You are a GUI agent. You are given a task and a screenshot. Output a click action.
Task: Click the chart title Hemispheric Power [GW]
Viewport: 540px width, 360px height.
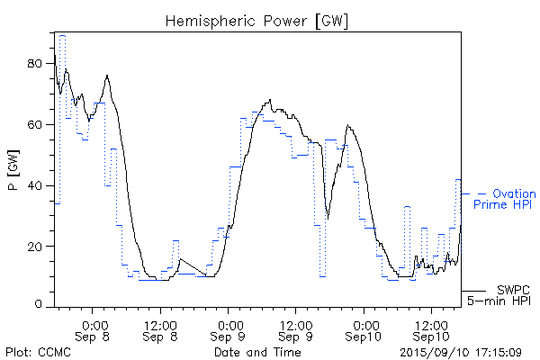coord(257,20)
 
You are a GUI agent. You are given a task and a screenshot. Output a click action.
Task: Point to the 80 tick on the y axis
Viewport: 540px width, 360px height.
coord(37,64)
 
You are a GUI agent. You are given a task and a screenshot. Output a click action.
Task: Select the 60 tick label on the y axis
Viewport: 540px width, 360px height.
coord(37,124)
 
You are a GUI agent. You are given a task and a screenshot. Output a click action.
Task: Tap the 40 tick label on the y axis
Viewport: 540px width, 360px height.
coord(37,185)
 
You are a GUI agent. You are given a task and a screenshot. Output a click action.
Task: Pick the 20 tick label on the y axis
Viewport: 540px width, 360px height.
coord(37,246)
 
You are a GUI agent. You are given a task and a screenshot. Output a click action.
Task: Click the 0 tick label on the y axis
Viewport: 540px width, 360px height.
coord(40,306)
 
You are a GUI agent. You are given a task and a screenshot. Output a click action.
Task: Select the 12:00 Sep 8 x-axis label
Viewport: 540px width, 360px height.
coord(160,329)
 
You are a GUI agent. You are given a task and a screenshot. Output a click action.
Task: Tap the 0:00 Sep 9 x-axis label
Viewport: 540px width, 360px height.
coord(229,329)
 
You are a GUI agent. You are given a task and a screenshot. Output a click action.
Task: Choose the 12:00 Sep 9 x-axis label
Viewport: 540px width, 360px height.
coord(296,329)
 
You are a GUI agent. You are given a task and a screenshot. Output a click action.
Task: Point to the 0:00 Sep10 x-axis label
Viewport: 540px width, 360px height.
coord(364,329)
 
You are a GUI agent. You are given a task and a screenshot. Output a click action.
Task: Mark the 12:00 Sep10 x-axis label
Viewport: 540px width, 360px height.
coord(432,329)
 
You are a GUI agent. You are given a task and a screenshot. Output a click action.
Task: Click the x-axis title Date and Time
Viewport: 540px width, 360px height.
coord(257,352)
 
